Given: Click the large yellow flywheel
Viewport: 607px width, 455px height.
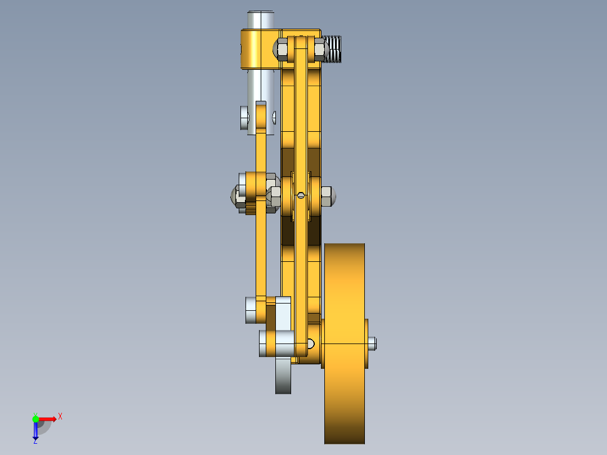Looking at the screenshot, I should pyautogui.click(x=345, y=344).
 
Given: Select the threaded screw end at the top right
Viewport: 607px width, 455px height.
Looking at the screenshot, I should pyautogui.click(x=334, y=48).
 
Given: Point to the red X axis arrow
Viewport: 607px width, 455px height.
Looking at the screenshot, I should pyautogui.click(x=47, y=418).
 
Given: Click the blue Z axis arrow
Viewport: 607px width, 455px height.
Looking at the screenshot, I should pyautogui.click(x=35, y=431).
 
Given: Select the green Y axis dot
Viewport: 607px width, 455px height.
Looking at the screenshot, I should pyautogui.click(x=35, y=418).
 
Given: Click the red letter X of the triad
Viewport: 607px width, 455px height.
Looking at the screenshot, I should pyautogui.click(x=60, y=416).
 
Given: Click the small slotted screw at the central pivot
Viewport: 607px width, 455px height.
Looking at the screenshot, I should pyautogui.click(x=301, y=195).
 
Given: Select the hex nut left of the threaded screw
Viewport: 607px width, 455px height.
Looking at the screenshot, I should pyautogui.click(x=319, y=50).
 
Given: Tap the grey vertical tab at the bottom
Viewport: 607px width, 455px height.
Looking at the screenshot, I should pyautogui.click(x=283, y=377).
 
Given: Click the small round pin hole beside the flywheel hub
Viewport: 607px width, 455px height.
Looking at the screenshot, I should pyautogui.click(x=311, y=342).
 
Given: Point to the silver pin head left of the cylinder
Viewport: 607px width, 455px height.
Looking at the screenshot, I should pyautogui.click(x=244, y=118).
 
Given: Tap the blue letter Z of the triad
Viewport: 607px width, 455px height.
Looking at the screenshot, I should pyautogui.click(x=35, y=441).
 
